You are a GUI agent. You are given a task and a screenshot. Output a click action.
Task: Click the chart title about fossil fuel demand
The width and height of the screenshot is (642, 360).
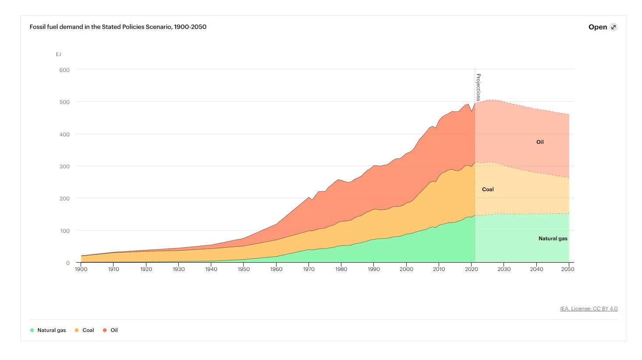point(118,27)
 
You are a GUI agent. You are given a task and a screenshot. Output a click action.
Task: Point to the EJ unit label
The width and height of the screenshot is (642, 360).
point(58,54)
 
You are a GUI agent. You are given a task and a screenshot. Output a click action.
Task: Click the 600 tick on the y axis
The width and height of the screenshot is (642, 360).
point(64,70)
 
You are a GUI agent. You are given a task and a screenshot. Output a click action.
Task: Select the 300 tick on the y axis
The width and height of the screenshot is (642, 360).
point(64,167)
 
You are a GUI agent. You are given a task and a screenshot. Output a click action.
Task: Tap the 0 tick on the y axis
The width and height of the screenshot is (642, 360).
point(67,263)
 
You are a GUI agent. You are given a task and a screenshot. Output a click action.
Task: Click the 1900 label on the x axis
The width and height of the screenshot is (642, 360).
point(81,269)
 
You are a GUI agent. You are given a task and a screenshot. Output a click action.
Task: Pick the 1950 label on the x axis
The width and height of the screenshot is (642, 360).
point(244,269)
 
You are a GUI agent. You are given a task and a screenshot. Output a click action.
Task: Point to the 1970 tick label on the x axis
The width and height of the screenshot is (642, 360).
point(309,269)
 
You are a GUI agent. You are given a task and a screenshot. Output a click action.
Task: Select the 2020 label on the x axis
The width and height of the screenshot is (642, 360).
point(472,269)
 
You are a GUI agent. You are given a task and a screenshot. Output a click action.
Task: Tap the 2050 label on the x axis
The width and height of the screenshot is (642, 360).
point(568,269)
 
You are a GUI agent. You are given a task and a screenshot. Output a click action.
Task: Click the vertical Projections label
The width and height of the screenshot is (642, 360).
point(478,87)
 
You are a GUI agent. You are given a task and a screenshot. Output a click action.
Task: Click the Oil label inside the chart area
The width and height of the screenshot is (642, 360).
point(540,142)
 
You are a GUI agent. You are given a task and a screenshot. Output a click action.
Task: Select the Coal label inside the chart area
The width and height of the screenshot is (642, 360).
point(488,189)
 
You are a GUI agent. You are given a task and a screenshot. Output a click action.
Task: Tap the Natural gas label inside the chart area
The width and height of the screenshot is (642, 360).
point(553,239)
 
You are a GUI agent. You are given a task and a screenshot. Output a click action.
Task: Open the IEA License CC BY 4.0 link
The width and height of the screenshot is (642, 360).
point(589,309)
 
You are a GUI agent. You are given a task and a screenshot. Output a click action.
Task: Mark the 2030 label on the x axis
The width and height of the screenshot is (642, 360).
point(504,269)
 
